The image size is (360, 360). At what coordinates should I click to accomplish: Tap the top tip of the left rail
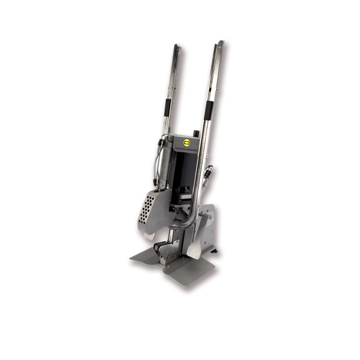point(177,46)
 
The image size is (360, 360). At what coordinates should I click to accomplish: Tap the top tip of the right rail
point(221,43)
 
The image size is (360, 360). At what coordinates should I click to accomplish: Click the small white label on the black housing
point(185,196)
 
